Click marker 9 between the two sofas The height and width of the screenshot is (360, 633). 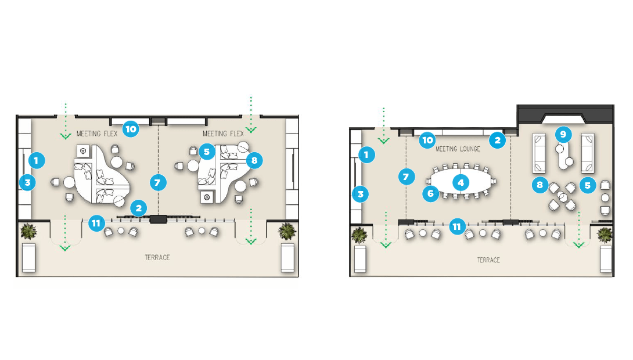pyautogui.click(x=562, y=134)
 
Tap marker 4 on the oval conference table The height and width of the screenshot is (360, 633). pyautogui.click(x=461, y=182)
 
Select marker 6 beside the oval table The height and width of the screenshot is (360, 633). pyautogui.click(x=430, y=193)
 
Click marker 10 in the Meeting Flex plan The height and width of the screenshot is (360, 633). pyautogui.click(x=131, y=129)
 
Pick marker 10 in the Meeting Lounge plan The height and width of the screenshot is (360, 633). pyautogui.click(x=427, y=139)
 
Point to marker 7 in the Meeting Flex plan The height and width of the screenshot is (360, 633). pyautogui.click(x=156, y=182)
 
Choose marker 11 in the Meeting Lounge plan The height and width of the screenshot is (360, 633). pyautogui.click(x=457, y=226)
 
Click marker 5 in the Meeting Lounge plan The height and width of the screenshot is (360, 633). pyautogui.click(x=588, y=185)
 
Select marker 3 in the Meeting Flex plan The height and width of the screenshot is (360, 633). pyautogui.click(x=26, y=182)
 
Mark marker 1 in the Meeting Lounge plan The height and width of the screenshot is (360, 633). pyautogui.click(x=366, y=154)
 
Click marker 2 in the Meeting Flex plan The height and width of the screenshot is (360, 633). pyautogui.click(x=138, y=206)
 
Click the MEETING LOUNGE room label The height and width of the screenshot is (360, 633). pyautogui.click(x=458, y=149)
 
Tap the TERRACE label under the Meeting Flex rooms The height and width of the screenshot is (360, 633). pyautogui.click(x=157, y=257)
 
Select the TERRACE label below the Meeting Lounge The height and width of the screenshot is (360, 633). pyautogui.click(x=488, y=260)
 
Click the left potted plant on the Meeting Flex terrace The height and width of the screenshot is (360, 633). pyautogui.click(x=28, y=232)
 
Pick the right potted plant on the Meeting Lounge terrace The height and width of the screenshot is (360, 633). pyautogui.click(x=605, y=235)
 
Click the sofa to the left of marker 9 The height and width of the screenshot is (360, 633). pyautogui.click(x=540, y=153)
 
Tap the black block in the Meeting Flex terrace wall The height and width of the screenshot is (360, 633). pyautogui.click(x=158, y=219)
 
